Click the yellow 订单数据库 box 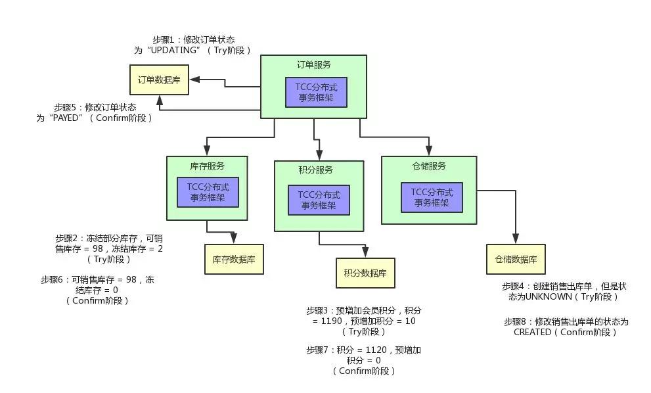(158, 80)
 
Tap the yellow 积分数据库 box (365, 273)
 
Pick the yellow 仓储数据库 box (516, 260)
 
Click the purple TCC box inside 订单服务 (316, 92)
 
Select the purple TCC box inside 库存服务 (207, 191)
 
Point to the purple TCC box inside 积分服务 (319, 200)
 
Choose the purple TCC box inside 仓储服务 (432, 197)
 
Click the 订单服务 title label (314, 65)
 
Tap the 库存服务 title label (207, 166)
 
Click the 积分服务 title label (315, 170)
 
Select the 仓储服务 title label (429, 166)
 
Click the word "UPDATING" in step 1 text (173, 51)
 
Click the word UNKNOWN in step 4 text (549, 297)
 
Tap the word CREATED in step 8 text (532, 333)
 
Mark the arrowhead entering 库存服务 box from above (207, 151)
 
